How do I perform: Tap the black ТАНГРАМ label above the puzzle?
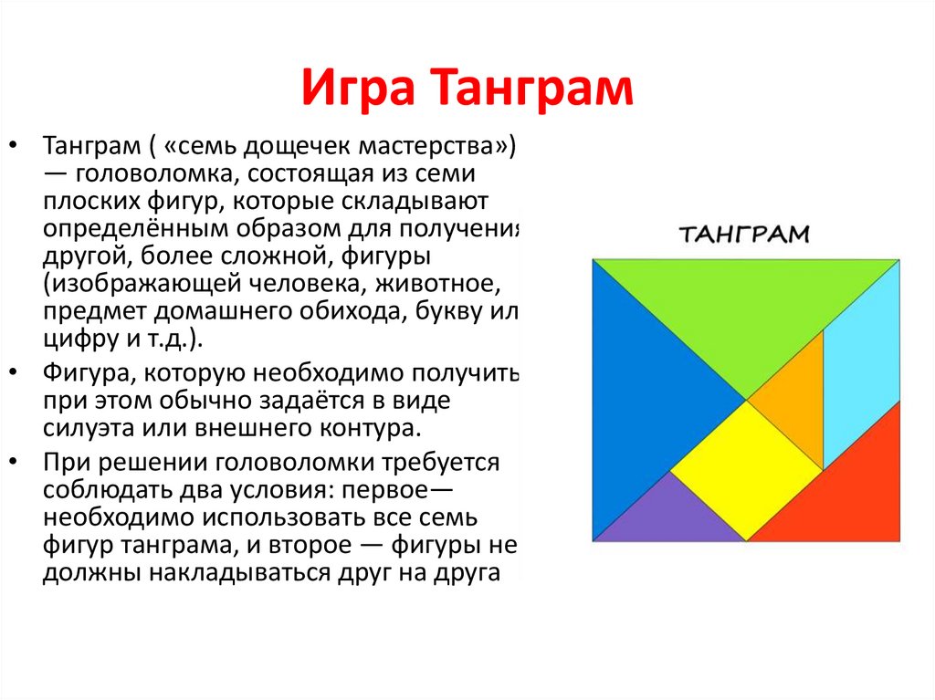(745, 234)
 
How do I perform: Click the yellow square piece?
(747, 468)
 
